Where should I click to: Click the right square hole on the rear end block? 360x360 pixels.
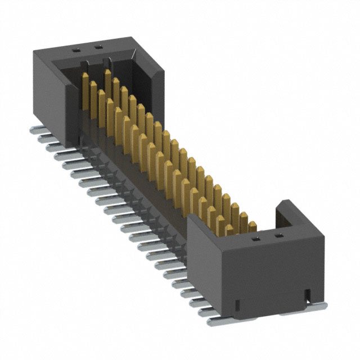100,47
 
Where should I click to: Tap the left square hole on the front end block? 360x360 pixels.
254,238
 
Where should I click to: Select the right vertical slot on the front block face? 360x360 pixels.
308,294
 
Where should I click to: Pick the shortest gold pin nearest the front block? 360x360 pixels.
229,230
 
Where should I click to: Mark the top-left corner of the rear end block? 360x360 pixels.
33,51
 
